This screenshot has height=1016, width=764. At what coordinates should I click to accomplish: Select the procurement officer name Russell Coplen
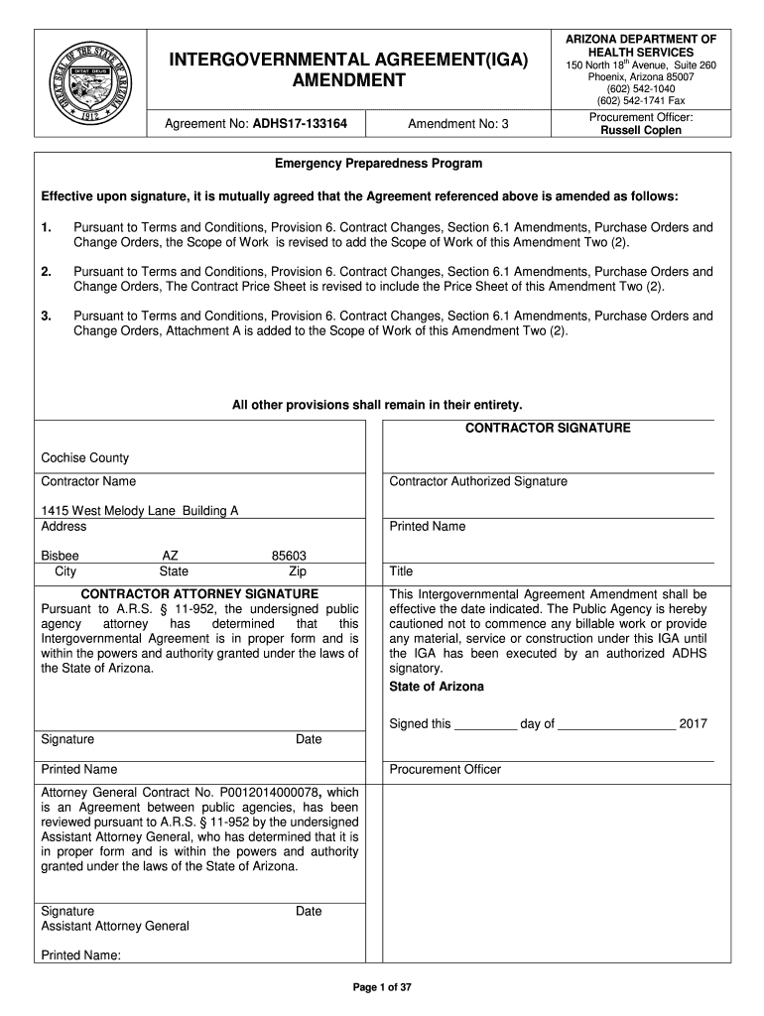tap(640, 131)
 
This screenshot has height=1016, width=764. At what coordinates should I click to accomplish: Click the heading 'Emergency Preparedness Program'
tap(379, 164)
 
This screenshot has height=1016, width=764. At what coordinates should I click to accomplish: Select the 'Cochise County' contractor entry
tap(85, 458)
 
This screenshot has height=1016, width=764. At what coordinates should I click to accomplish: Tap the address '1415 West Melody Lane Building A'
tap(140, 511)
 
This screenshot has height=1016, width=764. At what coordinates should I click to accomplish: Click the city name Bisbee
tap(60, 557)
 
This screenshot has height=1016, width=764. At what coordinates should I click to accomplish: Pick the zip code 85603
tap(289, 557)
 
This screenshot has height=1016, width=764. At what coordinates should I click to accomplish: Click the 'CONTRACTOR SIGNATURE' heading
tap(548, 429)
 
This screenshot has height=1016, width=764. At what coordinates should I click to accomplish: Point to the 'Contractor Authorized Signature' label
tap(478, 482)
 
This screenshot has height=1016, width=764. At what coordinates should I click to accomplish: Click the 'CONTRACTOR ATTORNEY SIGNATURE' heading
tap(199, 593)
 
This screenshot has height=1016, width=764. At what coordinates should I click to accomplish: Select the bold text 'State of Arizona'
tap(437, 687)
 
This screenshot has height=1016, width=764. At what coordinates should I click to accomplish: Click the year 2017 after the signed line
tap(693, 724)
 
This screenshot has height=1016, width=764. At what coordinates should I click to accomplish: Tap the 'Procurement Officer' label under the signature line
tap(446, 770)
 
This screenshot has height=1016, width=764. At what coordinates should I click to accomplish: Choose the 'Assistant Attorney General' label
tap(114, 927)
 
